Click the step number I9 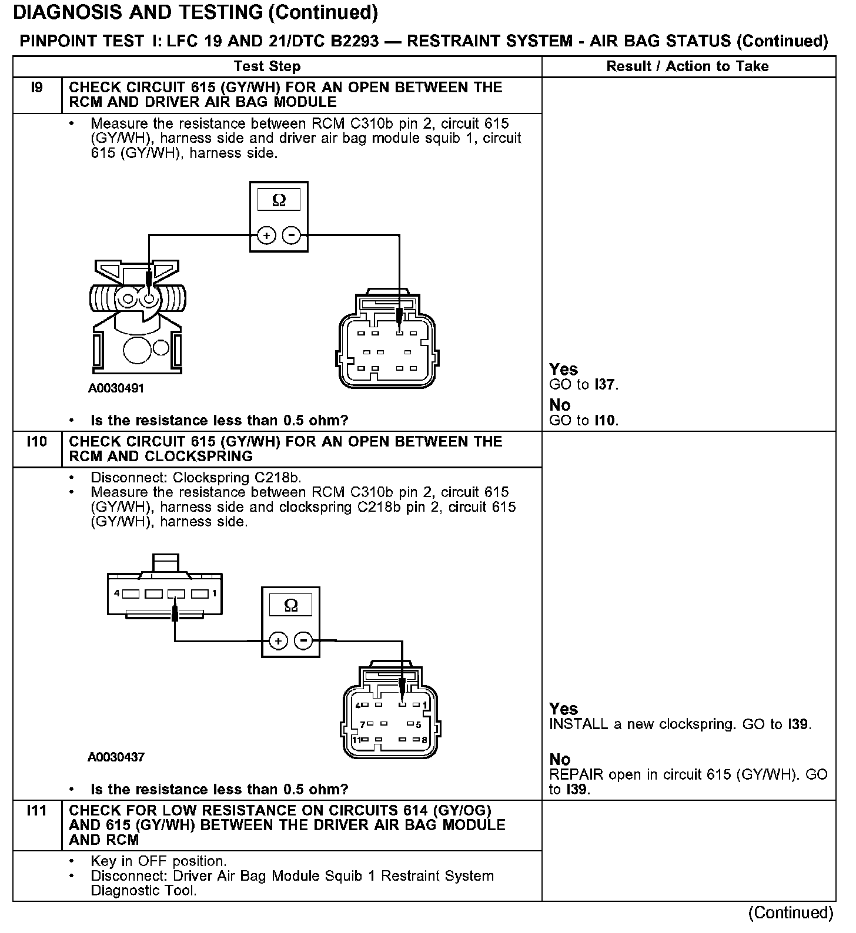[x=36, y=88]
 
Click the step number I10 [x=36, y=442]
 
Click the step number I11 [x=36, y=811]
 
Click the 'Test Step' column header [x=267, y=66]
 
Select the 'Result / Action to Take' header [x=687, y=66]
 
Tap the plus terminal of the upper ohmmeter [x=266, y=236]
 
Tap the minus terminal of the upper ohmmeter [x=292, y=236]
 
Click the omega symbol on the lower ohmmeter [x=291, y=605]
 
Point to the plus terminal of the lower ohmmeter [x=278, y=640]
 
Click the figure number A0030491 [x=116, y=388]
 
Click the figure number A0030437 [x=116, y=757]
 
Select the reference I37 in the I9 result [x=605, y=385]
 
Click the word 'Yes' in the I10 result [x=563, y=709]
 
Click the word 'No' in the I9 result [x=560, y=405]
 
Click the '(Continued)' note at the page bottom [x=791, y=912]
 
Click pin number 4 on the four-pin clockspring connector [x=117, y=593]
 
